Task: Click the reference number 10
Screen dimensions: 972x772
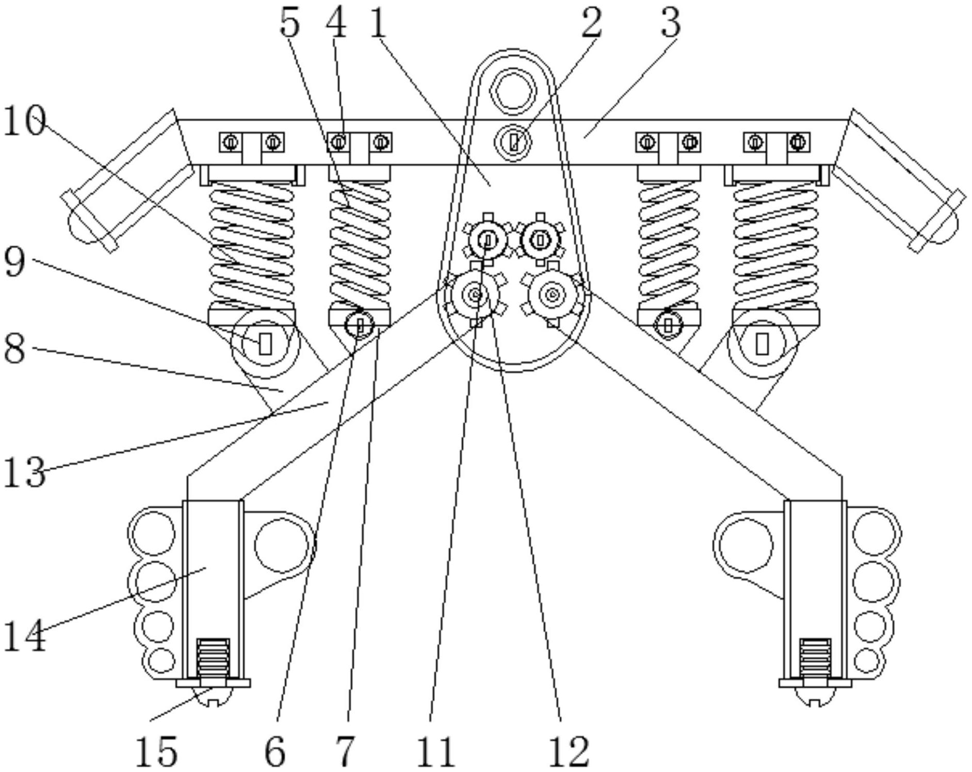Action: pyautogui.click(x=24, y=121)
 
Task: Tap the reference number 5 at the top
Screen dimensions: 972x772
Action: pyautogui.click(x=289, y=23)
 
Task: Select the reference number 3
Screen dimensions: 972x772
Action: pyautogui.click(x=670, y=23)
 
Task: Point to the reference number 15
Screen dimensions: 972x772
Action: pyautogui.click(x=157, y=751)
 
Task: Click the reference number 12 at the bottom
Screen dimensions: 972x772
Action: pyautogui.click(x=568, y=751)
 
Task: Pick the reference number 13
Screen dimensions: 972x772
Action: pyautogui.click(x=24, y=472)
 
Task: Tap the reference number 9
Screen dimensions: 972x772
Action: pyautogui.click(x=14, y=261)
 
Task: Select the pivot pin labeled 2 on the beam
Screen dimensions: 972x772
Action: pyautogui.click(x=513, y=141)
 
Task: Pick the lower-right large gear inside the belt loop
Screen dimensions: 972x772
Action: pyautogui.click(x=553, y=295)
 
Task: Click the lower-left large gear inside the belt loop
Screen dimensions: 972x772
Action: pyautogui.click(x=475, y=295)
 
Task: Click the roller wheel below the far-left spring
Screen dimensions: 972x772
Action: pyautogui.click(x=265, y=343)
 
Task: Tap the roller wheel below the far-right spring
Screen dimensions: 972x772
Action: pyautogui.click(x=762, y=343)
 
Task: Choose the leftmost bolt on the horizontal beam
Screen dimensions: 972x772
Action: pyautogui.click(x=231, y=142)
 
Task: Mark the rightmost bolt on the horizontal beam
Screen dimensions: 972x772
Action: pyautogui.click(x=798, y=142)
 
